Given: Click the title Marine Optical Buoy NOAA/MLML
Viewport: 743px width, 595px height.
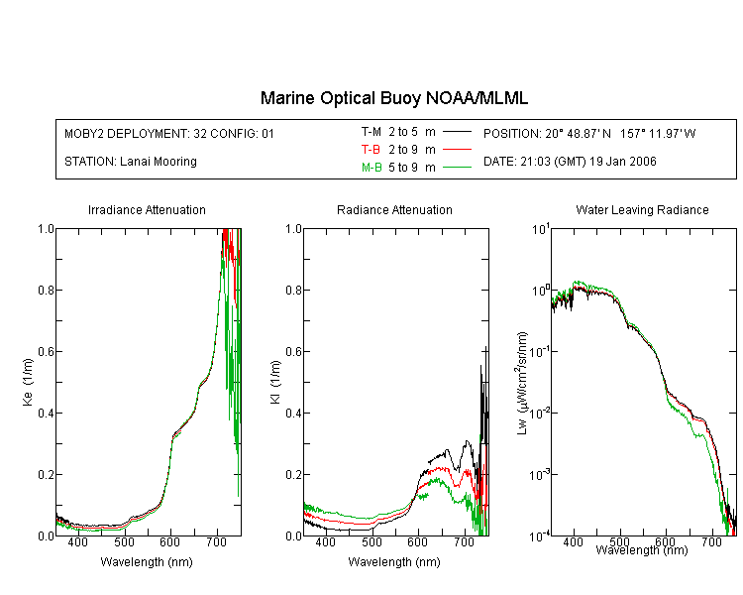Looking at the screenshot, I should click(x=394, y=98).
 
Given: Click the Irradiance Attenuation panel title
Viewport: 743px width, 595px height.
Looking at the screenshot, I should click(x=147, y=210).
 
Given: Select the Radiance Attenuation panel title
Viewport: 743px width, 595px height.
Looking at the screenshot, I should click(x=394, y=210).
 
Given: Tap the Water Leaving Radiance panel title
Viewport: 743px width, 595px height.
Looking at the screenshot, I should click(x=642, y=210).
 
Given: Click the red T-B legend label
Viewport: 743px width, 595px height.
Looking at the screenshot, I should click(x=371, y=149).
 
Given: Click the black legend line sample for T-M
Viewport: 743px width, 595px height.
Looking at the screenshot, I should click(x=456, y=131).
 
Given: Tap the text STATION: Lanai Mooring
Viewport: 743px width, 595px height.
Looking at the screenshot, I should click(x=131, y=162).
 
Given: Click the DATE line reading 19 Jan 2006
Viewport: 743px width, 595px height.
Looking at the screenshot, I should click(x=570, y=162).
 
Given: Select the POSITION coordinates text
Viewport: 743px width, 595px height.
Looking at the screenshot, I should click(x=589, y=133).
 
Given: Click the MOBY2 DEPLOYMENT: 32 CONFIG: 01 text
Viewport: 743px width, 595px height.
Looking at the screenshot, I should click(x=169, y=133).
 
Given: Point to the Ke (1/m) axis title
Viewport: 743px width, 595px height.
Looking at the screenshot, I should click(x=27, y=382).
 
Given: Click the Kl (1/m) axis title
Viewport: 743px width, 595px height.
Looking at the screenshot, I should click(x=274, y=382).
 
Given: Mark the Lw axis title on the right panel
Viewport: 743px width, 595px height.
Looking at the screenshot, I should click(x=521, y=382).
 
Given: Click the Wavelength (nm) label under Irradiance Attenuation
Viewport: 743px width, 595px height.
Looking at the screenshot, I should click(x=147, y=562).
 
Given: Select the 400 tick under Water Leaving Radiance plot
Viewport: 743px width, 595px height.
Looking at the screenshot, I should click(x=572, y=544).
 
